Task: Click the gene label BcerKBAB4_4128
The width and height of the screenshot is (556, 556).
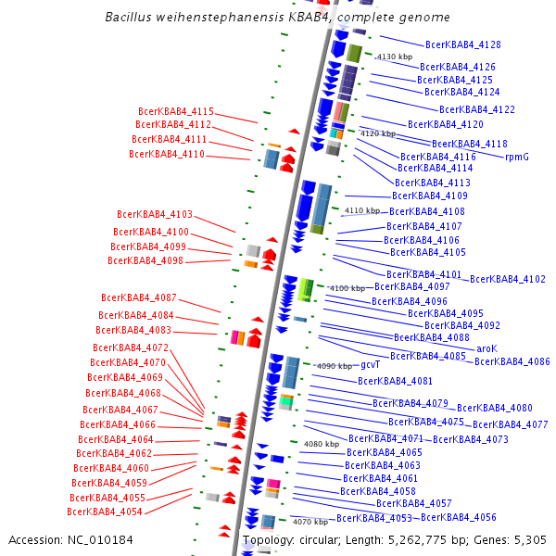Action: pyautogui.click(x=462, y=44)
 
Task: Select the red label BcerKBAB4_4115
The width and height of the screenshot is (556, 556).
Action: pyautogui.click(x=176, y=111)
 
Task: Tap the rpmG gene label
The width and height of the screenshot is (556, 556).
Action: pyautogui.click(x=517, y=157)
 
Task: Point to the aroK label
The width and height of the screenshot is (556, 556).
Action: pyautogui.click(x=486, y=348)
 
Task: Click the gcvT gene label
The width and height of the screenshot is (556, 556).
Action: pyautogui.click(x=372, y=365)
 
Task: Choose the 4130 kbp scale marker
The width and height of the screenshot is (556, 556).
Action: pyautogui.click(x=394, y=57)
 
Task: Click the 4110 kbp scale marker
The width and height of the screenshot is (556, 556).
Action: pyautogui.click(x=361, y=211)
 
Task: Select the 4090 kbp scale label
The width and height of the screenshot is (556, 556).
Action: pyautogui.click(x=335, y=366)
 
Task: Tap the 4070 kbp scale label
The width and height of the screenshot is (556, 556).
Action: pyautogui.click(x=310, y=522)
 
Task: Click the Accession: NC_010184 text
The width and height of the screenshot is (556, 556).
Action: pyautogui.click(x=70, y=539)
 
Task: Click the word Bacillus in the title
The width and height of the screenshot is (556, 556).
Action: pyautogui.click(x=129, y=18)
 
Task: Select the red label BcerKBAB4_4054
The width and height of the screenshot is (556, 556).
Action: pyautogui.click(x=105, y=512)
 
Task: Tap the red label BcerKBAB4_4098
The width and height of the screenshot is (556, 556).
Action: pyautogui.click(x=145, y=260)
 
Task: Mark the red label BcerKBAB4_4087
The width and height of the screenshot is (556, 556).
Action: pyautogui.click(x=139, y=297)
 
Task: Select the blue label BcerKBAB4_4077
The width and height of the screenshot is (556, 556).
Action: pyautogui.click(x=511, y=424)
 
